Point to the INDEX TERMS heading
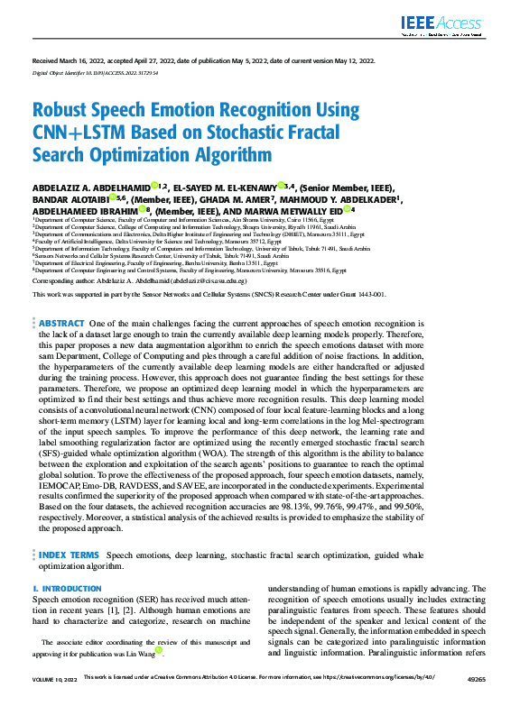(69, 555)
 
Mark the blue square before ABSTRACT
(34, 298)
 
